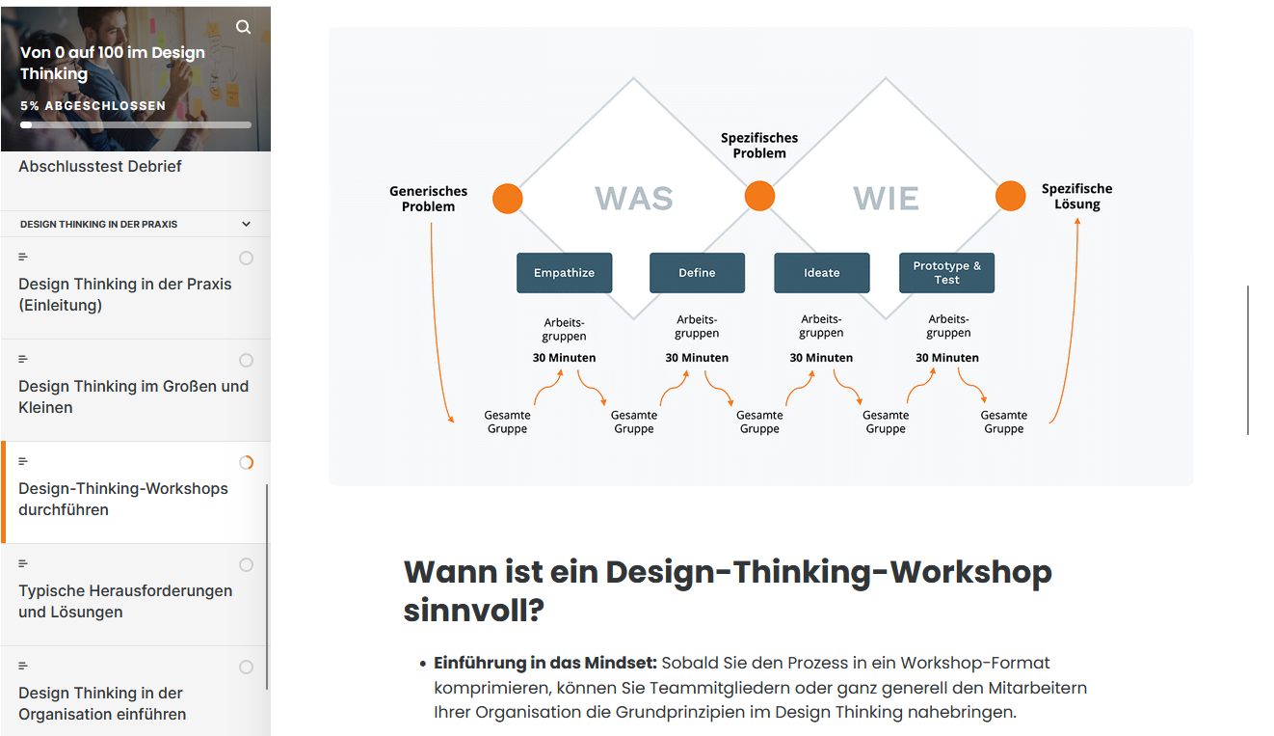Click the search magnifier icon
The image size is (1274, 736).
point(244,27)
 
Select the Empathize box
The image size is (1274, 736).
point(564,273)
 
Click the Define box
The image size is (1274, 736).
point(697,273)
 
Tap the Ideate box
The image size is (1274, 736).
point(821,273)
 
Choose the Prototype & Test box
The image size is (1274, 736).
point(946,273)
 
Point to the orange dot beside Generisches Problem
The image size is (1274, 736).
point(507,199)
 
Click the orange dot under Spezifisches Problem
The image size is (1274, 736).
point(759,196)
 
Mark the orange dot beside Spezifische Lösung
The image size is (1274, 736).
point(1011,196)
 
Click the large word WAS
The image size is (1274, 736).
point(634,198)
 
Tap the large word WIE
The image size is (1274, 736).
point(886,198)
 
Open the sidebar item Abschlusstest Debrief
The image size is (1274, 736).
point(100,166)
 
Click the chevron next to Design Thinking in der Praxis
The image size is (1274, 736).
point(246,224)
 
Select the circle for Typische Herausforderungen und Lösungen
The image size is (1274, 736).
point(246,564)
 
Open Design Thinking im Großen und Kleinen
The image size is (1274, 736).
point(133,396)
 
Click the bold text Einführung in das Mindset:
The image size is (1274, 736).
point(544,663)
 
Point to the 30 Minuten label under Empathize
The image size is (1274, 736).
point(564,358)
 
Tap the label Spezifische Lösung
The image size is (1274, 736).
point(1076,197)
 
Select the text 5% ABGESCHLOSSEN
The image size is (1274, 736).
point(93,106)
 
